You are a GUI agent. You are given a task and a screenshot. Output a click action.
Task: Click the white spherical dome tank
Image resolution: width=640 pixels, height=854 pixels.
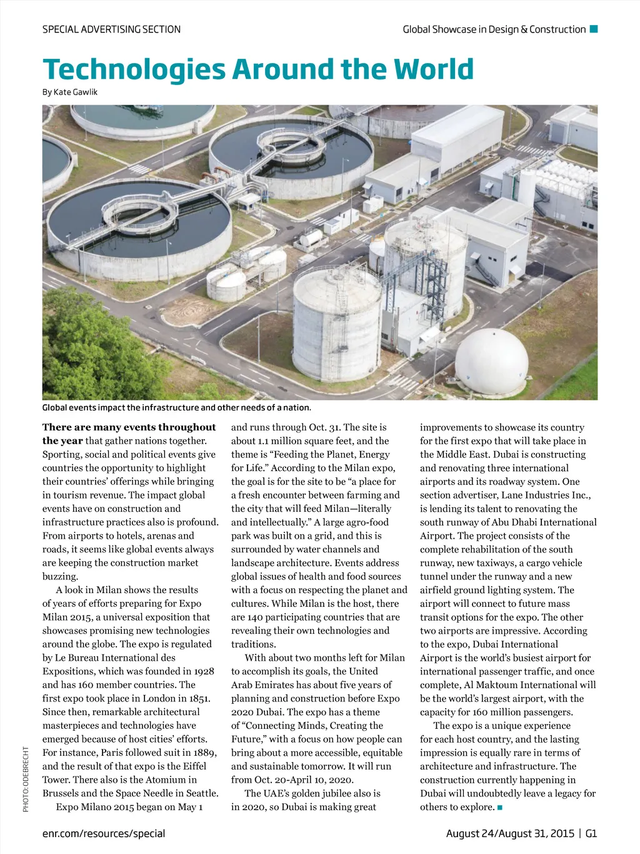click(x=491, y=362)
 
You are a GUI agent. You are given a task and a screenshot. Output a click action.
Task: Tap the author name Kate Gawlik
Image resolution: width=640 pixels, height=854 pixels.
click(x=75, y=92)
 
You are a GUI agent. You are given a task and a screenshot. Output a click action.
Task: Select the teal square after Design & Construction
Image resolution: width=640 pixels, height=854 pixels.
click(x=594, y=29)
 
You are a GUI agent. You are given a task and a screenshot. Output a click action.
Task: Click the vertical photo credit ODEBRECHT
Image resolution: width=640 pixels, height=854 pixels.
click(x=26, y=779)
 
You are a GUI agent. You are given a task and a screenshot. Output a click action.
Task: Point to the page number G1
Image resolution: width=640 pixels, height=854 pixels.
click(x=591, y=833)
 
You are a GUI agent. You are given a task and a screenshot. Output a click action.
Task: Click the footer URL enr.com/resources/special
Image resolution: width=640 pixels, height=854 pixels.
click(x=104, y=833)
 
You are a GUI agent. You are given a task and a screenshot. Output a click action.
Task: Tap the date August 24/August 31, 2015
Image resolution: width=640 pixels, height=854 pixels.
click(x=510, y=833)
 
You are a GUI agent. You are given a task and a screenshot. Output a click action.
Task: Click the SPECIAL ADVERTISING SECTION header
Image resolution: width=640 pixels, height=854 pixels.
click(x=111, y=29)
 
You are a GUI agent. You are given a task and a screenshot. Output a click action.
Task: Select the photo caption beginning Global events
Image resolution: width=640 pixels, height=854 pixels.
click(x=176, y=408)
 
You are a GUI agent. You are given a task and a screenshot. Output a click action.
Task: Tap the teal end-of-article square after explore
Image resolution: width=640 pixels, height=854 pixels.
click(x=500, y=808)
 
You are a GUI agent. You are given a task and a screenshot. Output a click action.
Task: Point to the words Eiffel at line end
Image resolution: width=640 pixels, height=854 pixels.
click(x=203, y=766)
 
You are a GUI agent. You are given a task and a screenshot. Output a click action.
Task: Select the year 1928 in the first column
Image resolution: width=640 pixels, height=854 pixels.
click(x=204, y=671)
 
